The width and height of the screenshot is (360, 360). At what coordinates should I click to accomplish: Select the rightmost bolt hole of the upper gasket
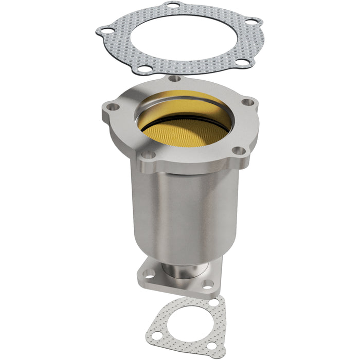point(251,22)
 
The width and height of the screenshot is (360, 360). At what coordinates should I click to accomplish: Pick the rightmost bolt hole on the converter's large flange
point(249,102)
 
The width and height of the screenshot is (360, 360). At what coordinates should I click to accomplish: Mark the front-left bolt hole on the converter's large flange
point(147,153)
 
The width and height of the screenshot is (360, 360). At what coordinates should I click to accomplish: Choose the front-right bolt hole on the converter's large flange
point(238,151)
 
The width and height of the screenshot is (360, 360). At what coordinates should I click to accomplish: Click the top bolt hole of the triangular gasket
point(213,302)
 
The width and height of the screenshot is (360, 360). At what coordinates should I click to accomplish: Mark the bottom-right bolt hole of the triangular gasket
point(212,347)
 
